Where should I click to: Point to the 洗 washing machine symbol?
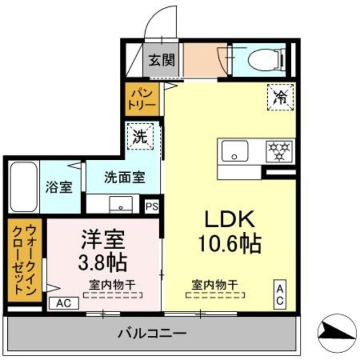[139, 136]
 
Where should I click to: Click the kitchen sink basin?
[235, 151]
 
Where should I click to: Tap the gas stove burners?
[280, 151]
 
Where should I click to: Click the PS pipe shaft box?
[152, 206]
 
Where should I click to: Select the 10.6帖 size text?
[228, 243]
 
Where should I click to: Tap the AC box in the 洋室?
[63, 303]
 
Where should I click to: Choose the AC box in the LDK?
[280, 294]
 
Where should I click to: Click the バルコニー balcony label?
[152, 333]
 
